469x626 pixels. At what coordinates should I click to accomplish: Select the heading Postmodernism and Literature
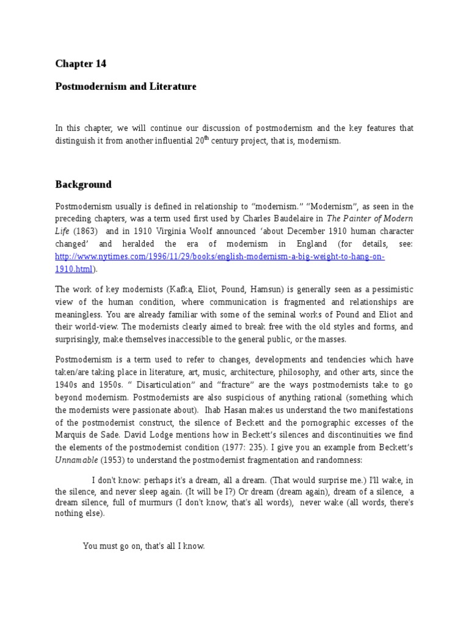[126, 87]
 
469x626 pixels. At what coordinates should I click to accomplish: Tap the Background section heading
[84, 184]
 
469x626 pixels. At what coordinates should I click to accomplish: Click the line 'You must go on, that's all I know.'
[144, 546]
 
